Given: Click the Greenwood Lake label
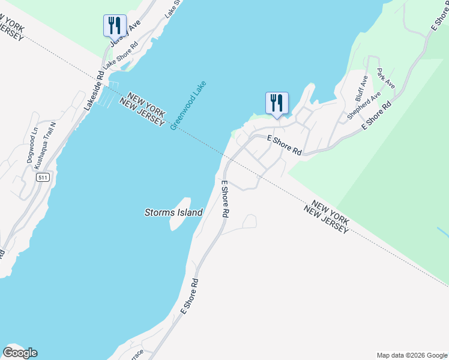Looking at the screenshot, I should [x=188, y=105].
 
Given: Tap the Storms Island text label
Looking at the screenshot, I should [x=173, y=212].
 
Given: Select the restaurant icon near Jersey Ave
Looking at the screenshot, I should [x=115, y=25].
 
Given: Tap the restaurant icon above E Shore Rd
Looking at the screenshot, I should [x=277, y=103].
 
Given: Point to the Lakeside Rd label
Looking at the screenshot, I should [x=94, y=91].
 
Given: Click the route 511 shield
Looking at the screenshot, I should [x=41, y=178].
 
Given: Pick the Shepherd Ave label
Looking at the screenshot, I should [x=364, y=106].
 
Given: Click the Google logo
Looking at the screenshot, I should [x=20, y=353].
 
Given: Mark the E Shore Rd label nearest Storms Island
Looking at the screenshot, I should [x=226, y=199].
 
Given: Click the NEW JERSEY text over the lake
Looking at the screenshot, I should [x=142, y=112].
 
